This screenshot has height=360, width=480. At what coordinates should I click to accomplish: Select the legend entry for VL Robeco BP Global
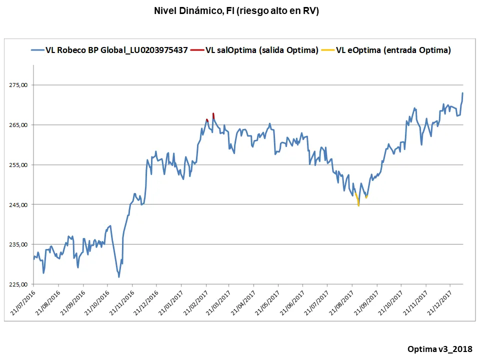[116, 50]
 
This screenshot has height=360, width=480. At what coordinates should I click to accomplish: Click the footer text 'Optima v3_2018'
[439, 348]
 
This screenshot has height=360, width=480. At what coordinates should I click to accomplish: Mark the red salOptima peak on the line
[213, 114]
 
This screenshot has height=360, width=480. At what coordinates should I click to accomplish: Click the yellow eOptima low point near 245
[358, 205]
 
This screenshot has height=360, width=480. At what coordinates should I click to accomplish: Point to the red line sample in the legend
[197, 50]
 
